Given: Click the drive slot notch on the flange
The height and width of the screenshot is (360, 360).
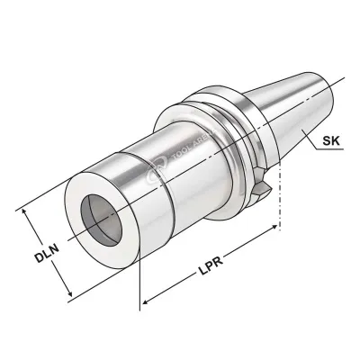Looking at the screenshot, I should point(260,188).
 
